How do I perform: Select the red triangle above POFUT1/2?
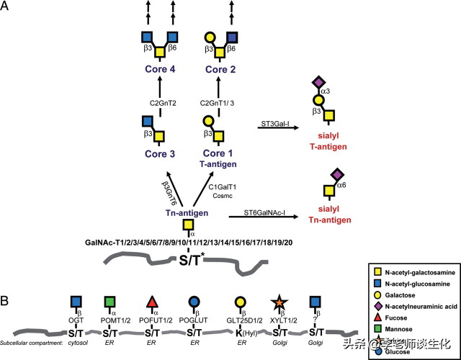[x=152, y=302]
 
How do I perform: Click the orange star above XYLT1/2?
[x=276, y=302]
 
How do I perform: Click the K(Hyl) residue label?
[x=237, y=333]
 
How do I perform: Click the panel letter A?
[x=7, y=8]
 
